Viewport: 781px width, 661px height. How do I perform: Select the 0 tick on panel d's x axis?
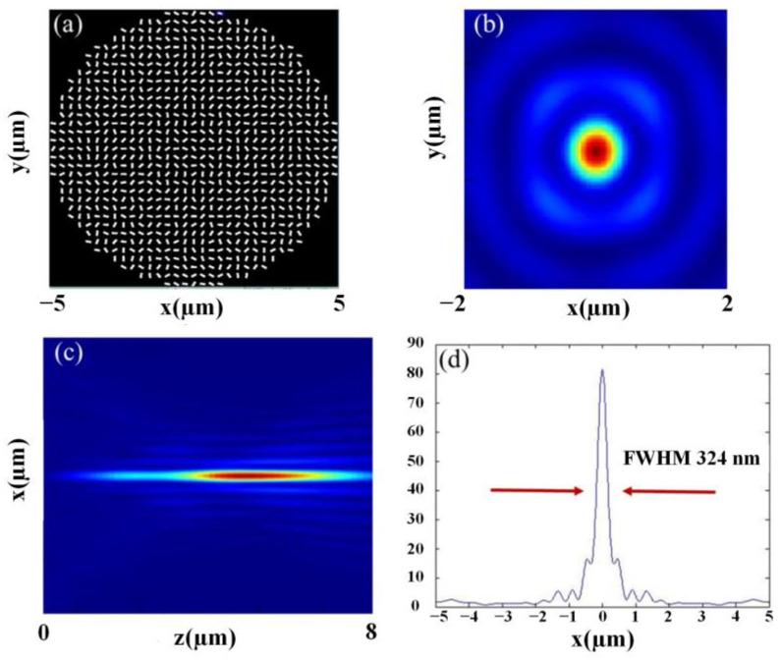[x=602, y=618]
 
